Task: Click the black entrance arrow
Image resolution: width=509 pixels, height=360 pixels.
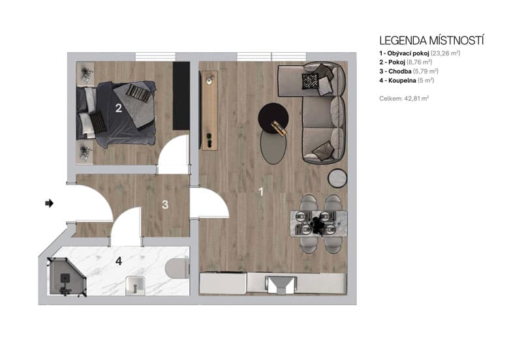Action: [x=49, y=203]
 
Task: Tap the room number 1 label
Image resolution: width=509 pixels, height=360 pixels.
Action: [x=261, y=192]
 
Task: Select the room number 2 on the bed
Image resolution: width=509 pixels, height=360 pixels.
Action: [x=119, y=108]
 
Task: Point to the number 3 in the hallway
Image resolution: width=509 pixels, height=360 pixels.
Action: [x=165, y=205]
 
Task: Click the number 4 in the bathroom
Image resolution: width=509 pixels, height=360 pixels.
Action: [x=119, y=262]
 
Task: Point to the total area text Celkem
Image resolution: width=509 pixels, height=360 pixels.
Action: [x=403, y=98]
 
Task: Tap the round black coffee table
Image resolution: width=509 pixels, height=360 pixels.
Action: [x=273, y=117]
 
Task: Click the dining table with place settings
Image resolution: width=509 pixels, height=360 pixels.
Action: [x=318, y=223]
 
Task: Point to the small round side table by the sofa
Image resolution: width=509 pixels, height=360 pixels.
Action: [x=337, y=177]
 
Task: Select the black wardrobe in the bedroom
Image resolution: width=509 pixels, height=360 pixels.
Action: [x=181, y=96]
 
